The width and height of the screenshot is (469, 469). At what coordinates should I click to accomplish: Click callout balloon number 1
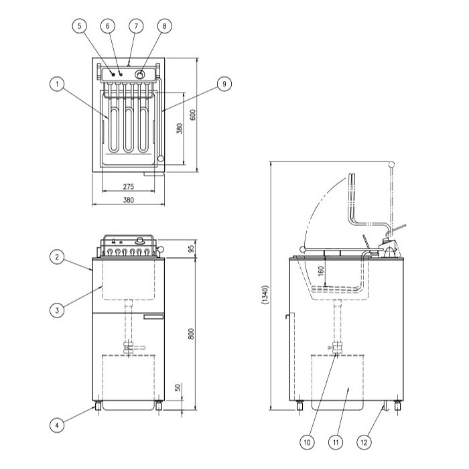tap(57, 84)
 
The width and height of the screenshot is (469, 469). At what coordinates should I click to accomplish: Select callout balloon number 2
tap(57, 257)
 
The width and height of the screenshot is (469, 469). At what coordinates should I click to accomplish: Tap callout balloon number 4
tap(57, 425)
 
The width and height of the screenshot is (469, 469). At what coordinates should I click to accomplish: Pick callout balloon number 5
tap(80, 25)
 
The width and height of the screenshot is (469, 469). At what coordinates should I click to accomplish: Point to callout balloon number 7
tap(136, 25)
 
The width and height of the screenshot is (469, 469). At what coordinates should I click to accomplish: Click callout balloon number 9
tap(224, 84)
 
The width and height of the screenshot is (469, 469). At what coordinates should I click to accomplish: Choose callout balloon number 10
tap(307, 442)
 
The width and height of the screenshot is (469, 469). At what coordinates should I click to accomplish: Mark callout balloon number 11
tap(336, 442)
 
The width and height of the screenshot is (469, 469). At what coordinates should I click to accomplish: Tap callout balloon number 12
tap(364, 442)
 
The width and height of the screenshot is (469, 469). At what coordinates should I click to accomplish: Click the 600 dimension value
tap(193, 115)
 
